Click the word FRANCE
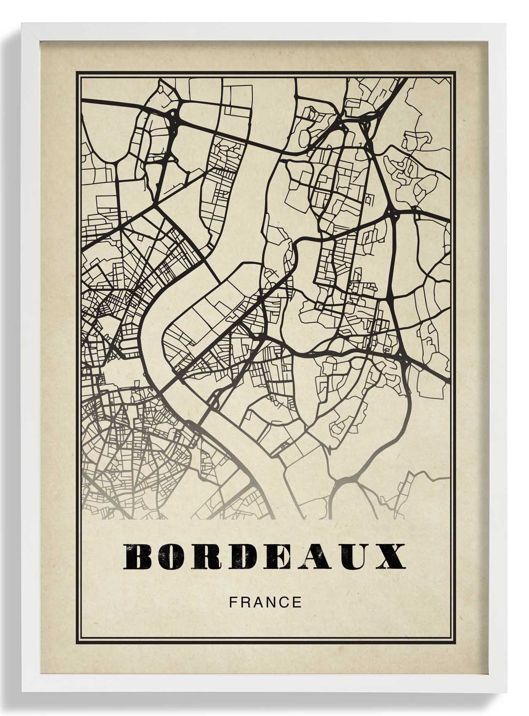click(265, 602)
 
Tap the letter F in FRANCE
click(233, 602)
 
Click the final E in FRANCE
click(297, 602)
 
